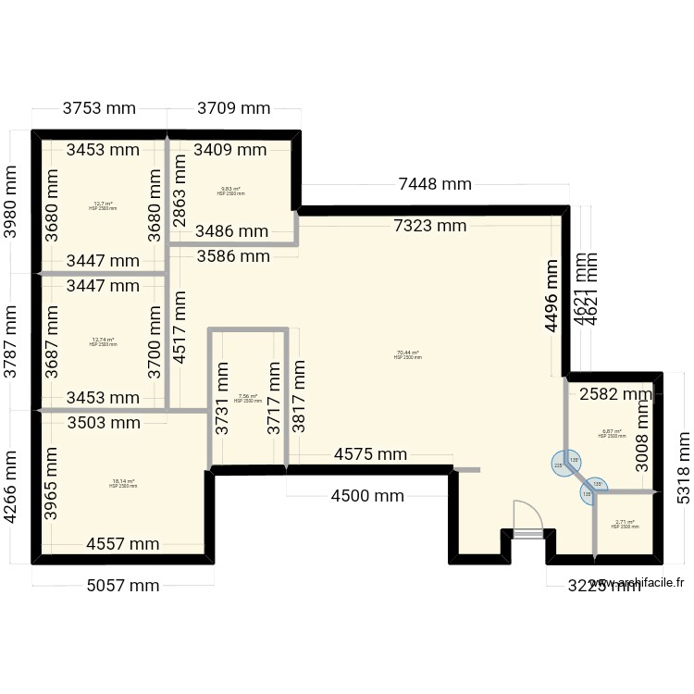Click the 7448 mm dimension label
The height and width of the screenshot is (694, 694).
coord(435,183)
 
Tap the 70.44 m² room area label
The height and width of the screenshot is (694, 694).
coord(407,354)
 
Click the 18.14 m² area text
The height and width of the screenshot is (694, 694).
coord(123,483)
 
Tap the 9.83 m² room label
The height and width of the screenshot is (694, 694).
coord(230,192)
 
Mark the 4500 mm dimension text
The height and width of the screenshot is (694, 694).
coord(368,495)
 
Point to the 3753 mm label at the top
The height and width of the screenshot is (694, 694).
coord(99,108)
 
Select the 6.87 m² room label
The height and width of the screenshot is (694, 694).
coord(612,432)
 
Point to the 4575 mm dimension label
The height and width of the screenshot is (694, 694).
coord(370,454)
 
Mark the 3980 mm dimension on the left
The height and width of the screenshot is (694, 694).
coord(12,202)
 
